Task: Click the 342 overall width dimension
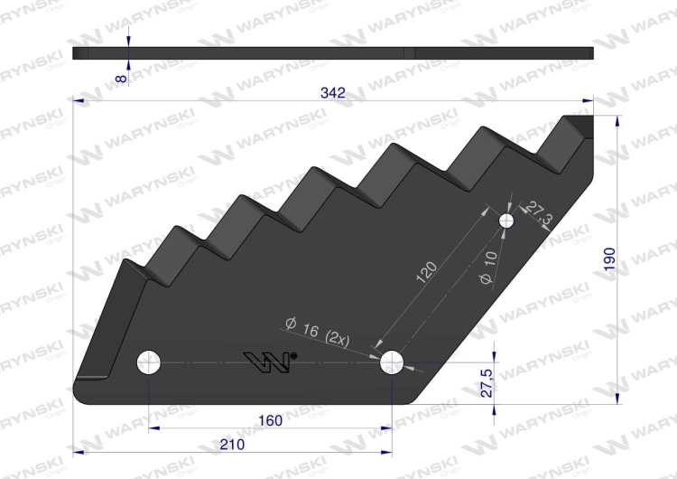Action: pyautogui.click(x=333, y=92)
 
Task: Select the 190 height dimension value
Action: pyautogui.click(x=608, y=259)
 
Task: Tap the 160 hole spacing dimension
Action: pyautogui.click(x=270, y=420)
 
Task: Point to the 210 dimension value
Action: pyautogui.click(x=232, y=445)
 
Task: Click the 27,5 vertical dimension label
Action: pyautogui.click(x=487, y=383)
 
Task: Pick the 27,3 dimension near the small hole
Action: pyautogui.click(x=538, y=212)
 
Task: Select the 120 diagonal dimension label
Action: pyautogui.click(x=427, y=272)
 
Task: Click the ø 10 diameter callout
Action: pyautogui.click(x=488, y=268)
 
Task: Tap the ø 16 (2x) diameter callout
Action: pyautogui.click(x=318, y=332)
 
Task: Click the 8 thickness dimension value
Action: pyautogui.click(x=122, y=79)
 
